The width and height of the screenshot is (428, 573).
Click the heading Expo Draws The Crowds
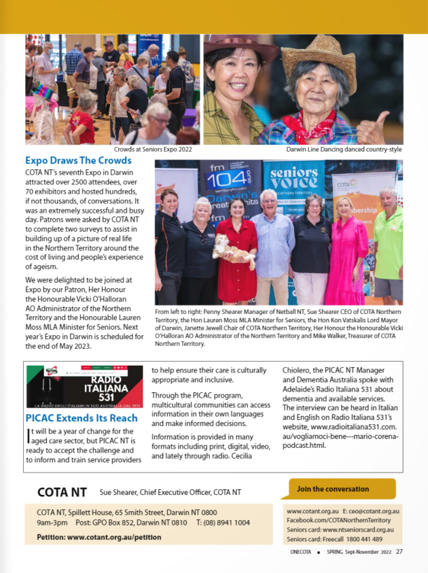[x=78, y=161]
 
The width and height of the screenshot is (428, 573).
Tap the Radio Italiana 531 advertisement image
[x=85, y=387]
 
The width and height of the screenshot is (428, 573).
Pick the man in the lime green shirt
[x=389, y=245]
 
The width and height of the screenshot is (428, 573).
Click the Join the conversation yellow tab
[x=338, y=489]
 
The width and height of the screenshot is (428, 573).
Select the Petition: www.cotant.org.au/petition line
[x=99, y=536]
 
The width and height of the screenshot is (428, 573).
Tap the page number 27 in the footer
[x=399, y=551]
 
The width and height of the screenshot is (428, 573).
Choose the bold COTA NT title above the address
[x=62, y=491]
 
